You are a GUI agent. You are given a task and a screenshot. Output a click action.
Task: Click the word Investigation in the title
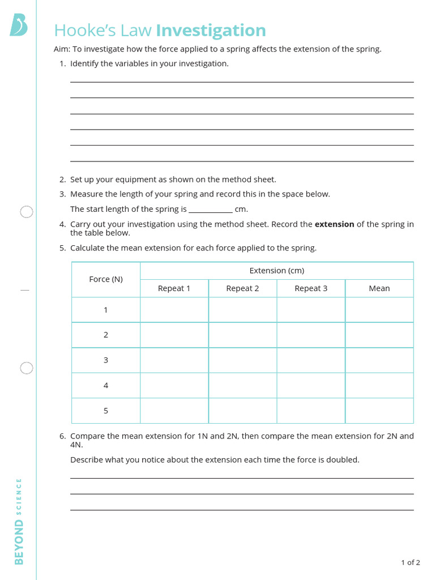click(211, 31)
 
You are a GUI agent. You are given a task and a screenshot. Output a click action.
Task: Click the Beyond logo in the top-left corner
click(18, 26)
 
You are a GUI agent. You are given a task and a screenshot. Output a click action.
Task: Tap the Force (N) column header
click(106, 279)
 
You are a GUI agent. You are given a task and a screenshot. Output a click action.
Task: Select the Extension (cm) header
click(276, 271)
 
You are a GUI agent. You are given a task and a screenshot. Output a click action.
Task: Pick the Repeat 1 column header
click(174, 288)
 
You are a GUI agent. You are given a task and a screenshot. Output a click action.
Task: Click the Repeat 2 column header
click(242, 288)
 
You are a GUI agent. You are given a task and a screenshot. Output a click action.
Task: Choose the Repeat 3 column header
click(311, 288)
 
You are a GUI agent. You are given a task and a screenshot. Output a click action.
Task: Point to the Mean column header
click(379, 288)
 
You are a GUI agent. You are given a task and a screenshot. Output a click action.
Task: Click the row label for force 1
click(106, 310)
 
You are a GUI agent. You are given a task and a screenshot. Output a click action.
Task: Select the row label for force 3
click(106, 360)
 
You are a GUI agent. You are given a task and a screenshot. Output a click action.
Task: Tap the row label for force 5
click(106, 411)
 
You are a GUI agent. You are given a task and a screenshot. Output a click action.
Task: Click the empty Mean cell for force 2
click(379, 335)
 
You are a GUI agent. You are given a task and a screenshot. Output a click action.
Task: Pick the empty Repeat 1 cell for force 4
click(174, 385)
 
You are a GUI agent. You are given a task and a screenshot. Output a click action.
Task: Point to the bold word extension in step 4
click(334, 224)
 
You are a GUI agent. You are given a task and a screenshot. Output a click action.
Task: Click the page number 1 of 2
click(410, 562)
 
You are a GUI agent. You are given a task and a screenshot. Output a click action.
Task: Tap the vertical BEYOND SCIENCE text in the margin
click(19, 521)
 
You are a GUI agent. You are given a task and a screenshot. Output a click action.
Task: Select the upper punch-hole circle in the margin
click(27, 212)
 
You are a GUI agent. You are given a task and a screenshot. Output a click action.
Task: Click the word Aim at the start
click(61, 49)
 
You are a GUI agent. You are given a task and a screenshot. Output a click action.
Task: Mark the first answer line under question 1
click(242, 82)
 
